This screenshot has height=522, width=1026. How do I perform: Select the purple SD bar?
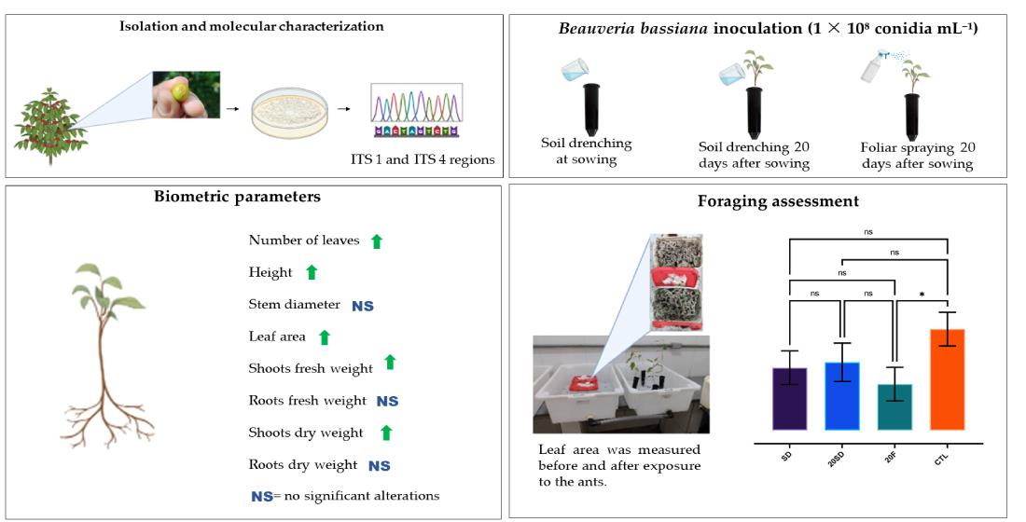[x=789, y=398]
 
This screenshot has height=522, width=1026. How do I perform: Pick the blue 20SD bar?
[x=841, y=395]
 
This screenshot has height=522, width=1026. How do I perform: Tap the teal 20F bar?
[x=894, y=406]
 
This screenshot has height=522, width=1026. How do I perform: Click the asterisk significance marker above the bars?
[x=922, y=295]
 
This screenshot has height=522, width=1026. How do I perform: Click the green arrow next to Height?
[x=312, y=272]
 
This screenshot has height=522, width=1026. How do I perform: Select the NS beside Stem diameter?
[x=362, y=305]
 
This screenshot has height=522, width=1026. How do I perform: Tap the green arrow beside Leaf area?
[x=325, y=337]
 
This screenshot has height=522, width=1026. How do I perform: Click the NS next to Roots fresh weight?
[x=387, y=401]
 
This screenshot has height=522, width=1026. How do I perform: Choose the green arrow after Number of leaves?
[x=377, y=240]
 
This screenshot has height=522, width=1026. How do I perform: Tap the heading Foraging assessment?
[x=759, y=200]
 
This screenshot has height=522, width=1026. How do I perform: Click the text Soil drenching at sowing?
[x=587, y=150]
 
